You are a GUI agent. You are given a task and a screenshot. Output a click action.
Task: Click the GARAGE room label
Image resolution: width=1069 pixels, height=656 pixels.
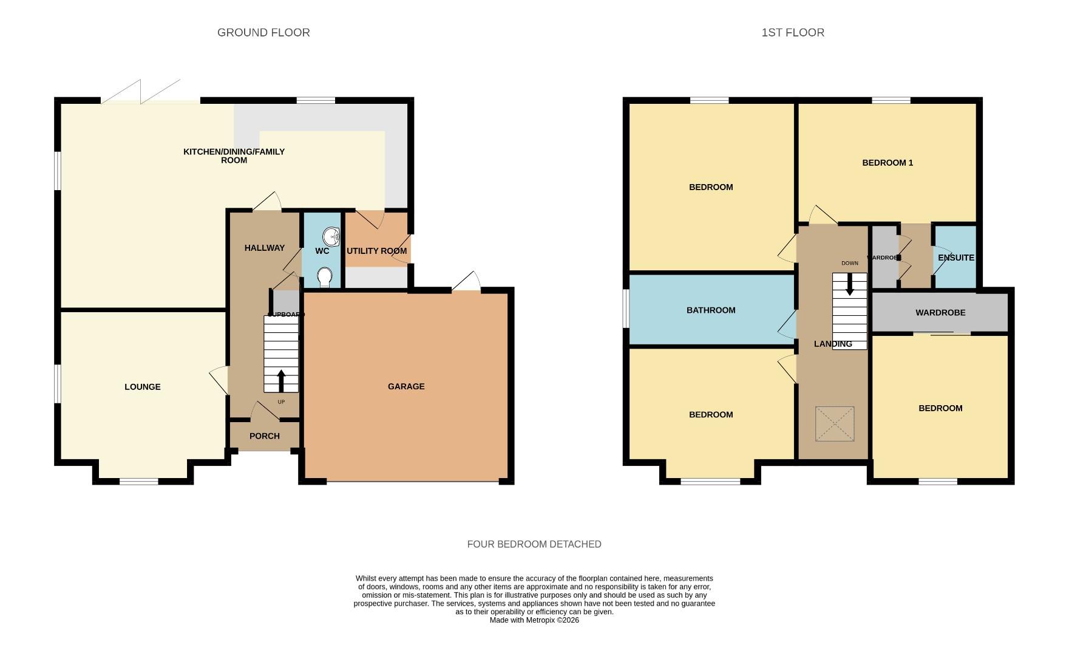pyautogui.click(x=406, y=386)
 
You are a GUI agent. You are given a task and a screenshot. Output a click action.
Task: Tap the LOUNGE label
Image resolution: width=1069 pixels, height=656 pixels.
pyautogui.click(x=143, y=387)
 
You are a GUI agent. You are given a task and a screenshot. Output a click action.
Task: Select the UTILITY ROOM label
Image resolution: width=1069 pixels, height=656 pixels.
pyautogui.click(x=376, y=251)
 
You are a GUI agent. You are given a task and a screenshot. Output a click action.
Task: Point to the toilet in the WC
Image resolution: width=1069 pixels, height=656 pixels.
pyautogui.click(x=325, y=277)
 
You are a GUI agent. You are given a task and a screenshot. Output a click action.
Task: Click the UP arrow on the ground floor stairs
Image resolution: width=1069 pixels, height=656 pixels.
pyautogui.click(x=281, y=381)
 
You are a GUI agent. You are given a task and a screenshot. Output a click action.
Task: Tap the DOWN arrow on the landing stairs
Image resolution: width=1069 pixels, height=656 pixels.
pyautogui.click(x=849, y=284)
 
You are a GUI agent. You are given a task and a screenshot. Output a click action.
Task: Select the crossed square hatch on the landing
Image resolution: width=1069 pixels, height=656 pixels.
pyautogui.click(x=835, y=424)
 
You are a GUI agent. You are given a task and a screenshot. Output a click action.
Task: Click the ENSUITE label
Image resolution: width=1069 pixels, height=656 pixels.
pyautogui.click(x=955, y=258)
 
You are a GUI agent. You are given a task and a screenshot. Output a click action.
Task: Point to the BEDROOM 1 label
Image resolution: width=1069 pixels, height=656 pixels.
pyautogui.click(x=887, y=163)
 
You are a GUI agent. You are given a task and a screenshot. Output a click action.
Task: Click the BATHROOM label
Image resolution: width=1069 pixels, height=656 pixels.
pyautogui.click(x=711, y=310)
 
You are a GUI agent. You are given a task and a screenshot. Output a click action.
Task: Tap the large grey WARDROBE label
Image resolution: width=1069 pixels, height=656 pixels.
pyautogui.click(x=940, y=313)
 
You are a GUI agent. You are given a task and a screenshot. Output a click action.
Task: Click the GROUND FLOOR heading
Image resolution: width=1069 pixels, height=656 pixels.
pyautogui.click(x=263, y=33)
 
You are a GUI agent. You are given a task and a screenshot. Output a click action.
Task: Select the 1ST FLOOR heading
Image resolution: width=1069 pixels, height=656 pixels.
pyautogui.click(x=793, y=33)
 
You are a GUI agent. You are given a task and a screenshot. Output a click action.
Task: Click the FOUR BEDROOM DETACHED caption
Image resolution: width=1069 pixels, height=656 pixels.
pyautogui.click(x=534, y=544)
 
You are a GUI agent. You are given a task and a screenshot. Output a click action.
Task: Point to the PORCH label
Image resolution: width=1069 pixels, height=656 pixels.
pyautogui.click(x=265, y=436)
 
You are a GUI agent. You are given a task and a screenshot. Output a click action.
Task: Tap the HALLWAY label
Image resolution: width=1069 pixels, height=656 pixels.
pyautogui.click(x=265, y=248)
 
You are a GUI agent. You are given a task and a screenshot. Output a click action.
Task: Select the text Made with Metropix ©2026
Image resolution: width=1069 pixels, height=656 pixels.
pyautogui.click(x=534, y=620)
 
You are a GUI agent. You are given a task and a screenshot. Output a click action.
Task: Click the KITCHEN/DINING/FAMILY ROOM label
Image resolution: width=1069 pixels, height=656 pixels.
pyautogui.click(x=234, y=156)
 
